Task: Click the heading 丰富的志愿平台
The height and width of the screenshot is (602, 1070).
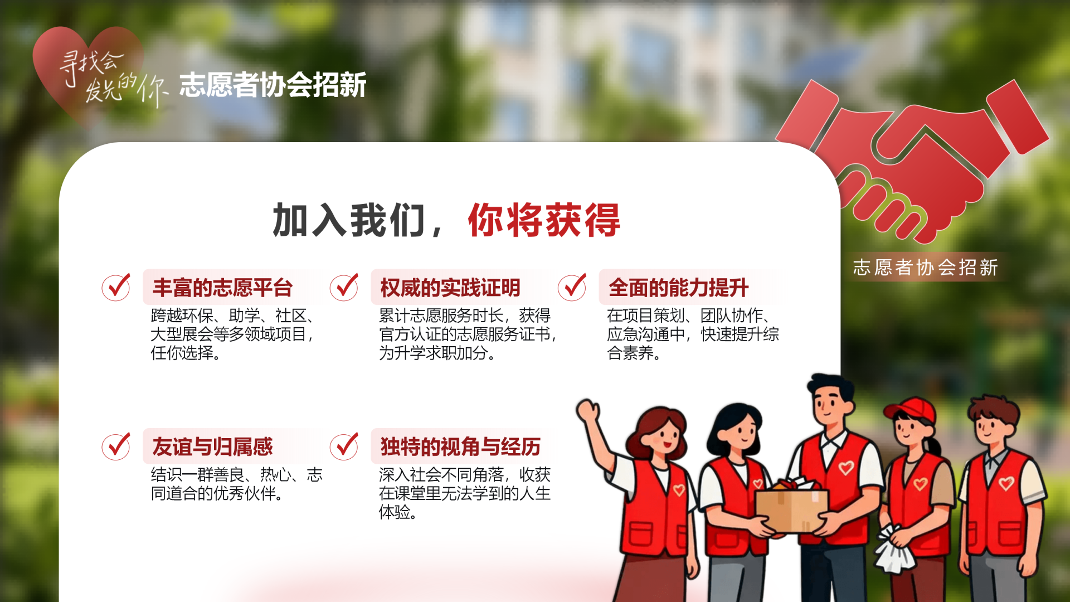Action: [222, 288]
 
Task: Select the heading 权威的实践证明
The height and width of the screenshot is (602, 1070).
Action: [450, 288]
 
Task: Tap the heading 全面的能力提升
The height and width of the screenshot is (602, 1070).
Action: [678, 288]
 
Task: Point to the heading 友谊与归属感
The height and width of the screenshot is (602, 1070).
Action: [212, 446]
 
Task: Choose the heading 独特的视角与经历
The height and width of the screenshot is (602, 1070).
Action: [460, 446]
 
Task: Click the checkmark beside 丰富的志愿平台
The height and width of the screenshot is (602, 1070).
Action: [116, 287]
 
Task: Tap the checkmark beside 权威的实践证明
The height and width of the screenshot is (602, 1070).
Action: [344, 287]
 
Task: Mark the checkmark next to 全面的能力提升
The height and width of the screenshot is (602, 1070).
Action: [572, 287]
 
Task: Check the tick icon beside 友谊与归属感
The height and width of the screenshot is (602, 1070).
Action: [116, 446]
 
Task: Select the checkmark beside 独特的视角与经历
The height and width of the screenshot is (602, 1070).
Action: [344, 446]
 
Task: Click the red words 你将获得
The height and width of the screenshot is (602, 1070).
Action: [544, 220]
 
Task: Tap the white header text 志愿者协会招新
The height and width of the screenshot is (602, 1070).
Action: [273, 85]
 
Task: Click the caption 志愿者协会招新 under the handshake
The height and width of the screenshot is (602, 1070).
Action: [926, 268]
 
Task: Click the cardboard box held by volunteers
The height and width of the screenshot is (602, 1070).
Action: [791, 508]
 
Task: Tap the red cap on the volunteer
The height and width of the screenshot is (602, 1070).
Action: [912, 410]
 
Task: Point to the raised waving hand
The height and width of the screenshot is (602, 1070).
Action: [588, 412]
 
